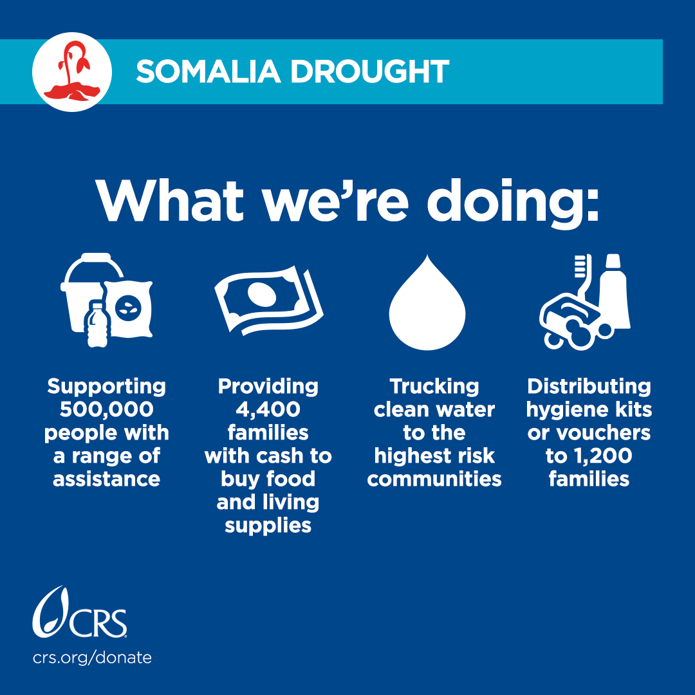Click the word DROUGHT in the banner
click(x=369, y=71)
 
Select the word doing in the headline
click(x=512, y=202)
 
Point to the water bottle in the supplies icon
click(x=97, y=323)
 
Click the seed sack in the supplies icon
click(x=129, y=308)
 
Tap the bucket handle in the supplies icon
click(x=94, y=266)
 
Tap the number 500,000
click(x=106, y=409)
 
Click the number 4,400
click(x=268, y=409)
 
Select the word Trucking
click(x=434, y=387)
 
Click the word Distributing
click(x=589, y=387)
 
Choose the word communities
click(x=434, y=479)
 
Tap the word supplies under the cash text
click(x=268, y=526)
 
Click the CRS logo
click(x=80, y=612)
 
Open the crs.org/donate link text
click(x=92, y=658)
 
